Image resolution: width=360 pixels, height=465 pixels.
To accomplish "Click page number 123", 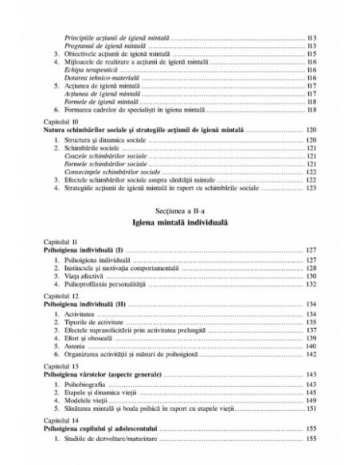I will tap(311, 189).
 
